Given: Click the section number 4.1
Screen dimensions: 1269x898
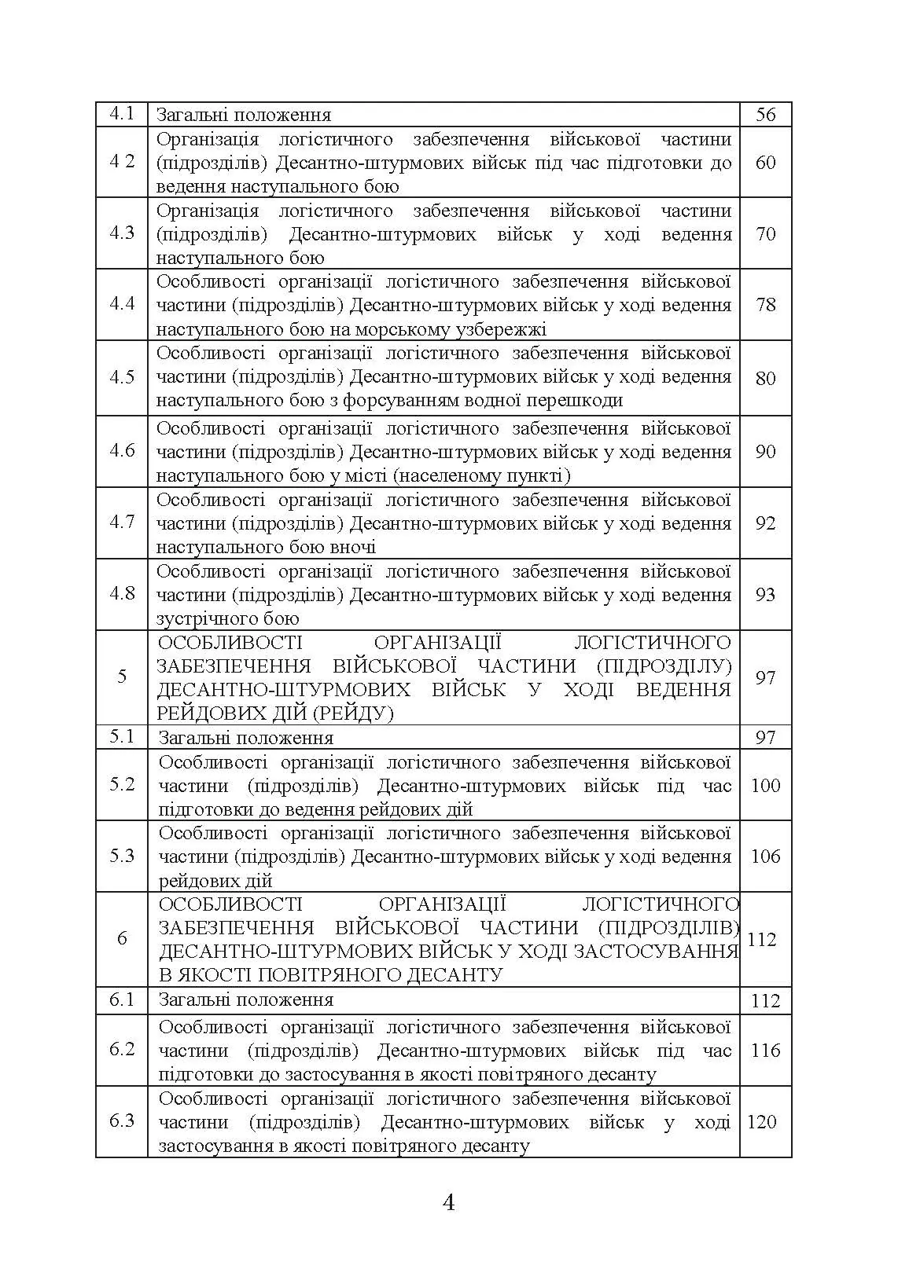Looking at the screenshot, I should tap(122, 114).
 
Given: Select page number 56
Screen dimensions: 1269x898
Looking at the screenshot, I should tap(765, 115).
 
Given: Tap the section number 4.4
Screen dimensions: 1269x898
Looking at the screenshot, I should tap(122, 304).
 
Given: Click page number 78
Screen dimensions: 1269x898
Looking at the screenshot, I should tap(765, 305).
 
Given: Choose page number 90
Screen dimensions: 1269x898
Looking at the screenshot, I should tap(765, 452).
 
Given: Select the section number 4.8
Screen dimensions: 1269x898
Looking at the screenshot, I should tap(122, 593).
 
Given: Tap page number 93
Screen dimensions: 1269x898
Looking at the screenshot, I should tap(765, 595).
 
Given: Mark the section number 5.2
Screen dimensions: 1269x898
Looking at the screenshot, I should tap(122, 784).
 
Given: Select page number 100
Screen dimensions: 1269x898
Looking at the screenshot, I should tap(765, 786).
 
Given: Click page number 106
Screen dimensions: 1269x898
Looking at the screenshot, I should tap(765, 856).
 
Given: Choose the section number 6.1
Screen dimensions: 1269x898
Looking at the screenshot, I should tap(122, 999).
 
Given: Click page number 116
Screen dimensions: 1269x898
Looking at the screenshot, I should tap(765, 1051).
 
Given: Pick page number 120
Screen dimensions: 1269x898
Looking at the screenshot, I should tap(762, 1122).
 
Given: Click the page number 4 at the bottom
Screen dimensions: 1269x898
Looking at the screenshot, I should tap(449, 1203).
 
